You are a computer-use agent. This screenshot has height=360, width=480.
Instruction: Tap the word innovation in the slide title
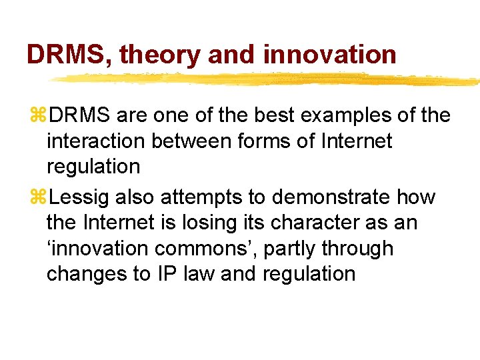click(x=329, y=55)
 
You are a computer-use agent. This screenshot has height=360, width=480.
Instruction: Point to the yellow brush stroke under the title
click(x=267, y=80)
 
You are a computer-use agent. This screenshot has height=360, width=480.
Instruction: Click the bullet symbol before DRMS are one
click(x=37, y=116)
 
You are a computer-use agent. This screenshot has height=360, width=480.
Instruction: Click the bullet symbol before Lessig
click(x=37, y=197)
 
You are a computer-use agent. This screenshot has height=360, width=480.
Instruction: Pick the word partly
click(x=301, y=249)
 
